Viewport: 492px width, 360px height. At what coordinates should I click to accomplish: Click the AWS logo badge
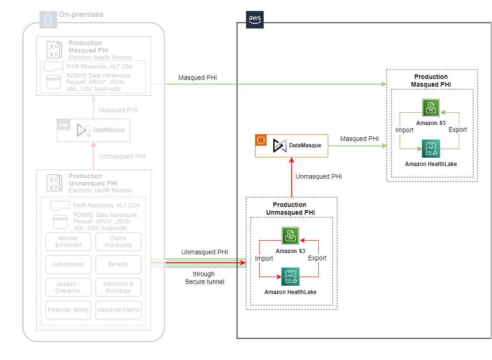coord(255,20)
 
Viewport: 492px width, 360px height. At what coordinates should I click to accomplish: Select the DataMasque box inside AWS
coord(291,146)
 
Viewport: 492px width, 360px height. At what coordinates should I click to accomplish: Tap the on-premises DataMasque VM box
coord(93,130)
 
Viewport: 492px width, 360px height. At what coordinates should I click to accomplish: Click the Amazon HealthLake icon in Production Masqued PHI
coord(430,149)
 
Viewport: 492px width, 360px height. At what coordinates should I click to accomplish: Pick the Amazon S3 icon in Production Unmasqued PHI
coord(290,236)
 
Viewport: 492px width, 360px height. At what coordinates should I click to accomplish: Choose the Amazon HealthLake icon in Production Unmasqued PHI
coord(290,277)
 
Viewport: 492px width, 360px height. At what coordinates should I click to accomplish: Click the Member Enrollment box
coord(68,242)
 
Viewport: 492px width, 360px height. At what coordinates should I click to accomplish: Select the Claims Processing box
coord(118,242)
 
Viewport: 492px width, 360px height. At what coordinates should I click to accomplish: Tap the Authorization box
coord(68,264)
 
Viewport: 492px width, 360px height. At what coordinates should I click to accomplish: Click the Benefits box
coord(118,264)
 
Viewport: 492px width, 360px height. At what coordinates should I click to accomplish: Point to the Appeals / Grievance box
coord(68,287)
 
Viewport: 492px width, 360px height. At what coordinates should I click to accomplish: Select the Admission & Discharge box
coord(118,287)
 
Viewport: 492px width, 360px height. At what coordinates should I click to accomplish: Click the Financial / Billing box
coord(68,310)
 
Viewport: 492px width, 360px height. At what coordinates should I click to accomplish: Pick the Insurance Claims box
coord(118,310)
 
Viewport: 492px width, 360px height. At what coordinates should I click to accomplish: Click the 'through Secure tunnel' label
coord(204,278)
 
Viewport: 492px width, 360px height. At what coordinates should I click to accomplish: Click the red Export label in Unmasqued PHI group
coord(317,258)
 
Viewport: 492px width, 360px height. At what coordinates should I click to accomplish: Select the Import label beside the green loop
coord(404,130)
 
